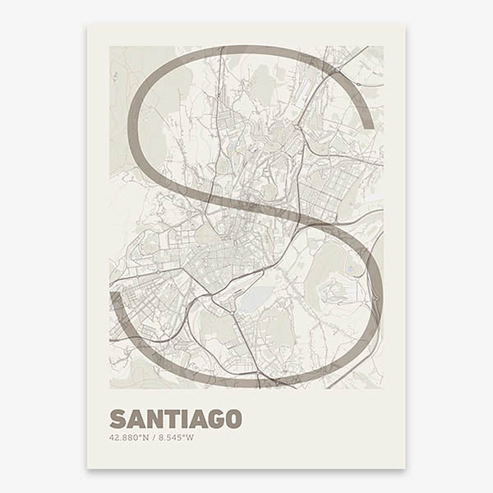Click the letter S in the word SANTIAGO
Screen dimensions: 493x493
click(x=117, y=418)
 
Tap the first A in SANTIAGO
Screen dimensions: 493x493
click(x=136, y=418)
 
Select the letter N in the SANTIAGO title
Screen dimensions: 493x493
click(x=154, y=418)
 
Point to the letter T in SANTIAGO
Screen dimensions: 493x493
click(x=172, y=418)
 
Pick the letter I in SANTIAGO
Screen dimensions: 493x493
click(x=185, y=418)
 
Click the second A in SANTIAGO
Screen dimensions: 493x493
click(x=198, y=418)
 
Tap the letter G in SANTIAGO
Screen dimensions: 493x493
click(x=216, y=418)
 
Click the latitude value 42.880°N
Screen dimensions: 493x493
click(x=127, y=436)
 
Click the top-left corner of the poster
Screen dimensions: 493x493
click(x=88, y=24)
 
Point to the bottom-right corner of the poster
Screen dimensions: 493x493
click(x=405, y=468)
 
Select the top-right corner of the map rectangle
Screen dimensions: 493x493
click(x=383, y=46)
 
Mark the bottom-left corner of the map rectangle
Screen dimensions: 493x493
click(x=110, y=388)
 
